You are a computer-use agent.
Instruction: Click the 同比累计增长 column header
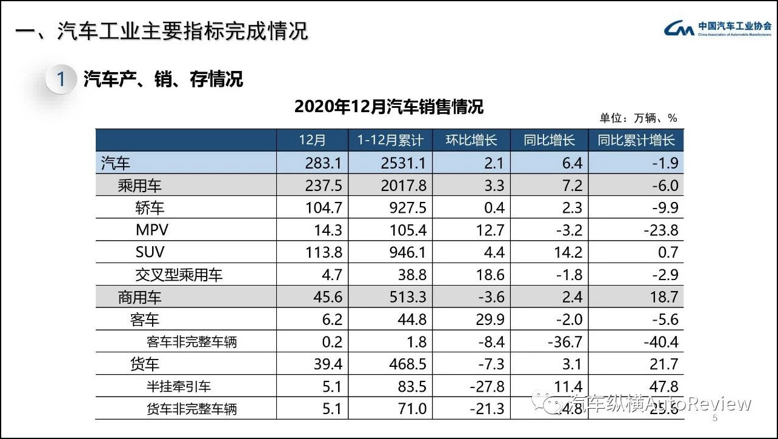(x=636, y=140)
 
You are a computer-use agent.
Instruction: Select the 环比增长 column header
(x=471, y=140)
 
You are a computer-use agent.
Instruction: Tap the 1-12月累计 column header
(x=390, y=140)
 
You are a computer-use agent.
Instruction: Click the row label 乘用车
(x=140, y=186)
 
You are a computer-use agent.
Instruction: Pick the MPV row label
(x=152, y=230)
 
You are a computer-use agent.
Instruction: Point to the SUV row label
(x=150, y=252)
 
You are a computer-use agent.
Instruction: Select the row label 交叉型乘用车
(x=179, y=275)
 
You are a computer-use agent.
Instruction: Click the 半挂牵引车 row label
(x=179, y=386)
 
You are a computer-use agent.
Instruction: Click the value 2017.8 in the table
(x=404, y=186)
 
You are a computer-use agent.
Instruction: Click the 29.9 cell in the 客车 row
(x=491, y=320)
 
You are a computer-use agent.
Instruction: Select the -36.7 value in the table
(x=565, y=342)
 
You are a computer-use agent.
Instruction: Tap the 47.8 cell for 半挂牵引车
(x=662, y=386)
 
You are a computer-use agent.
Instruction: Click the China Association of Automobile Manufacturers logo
(x=717, y=28)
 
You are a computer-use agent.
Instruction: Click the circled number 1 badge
(x=61, y=79)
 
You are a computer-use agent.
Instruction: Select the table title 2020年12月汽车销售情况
(x=389, y=107)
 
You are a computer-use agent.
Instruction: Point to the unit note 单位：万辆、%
(x=638, y=118)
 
